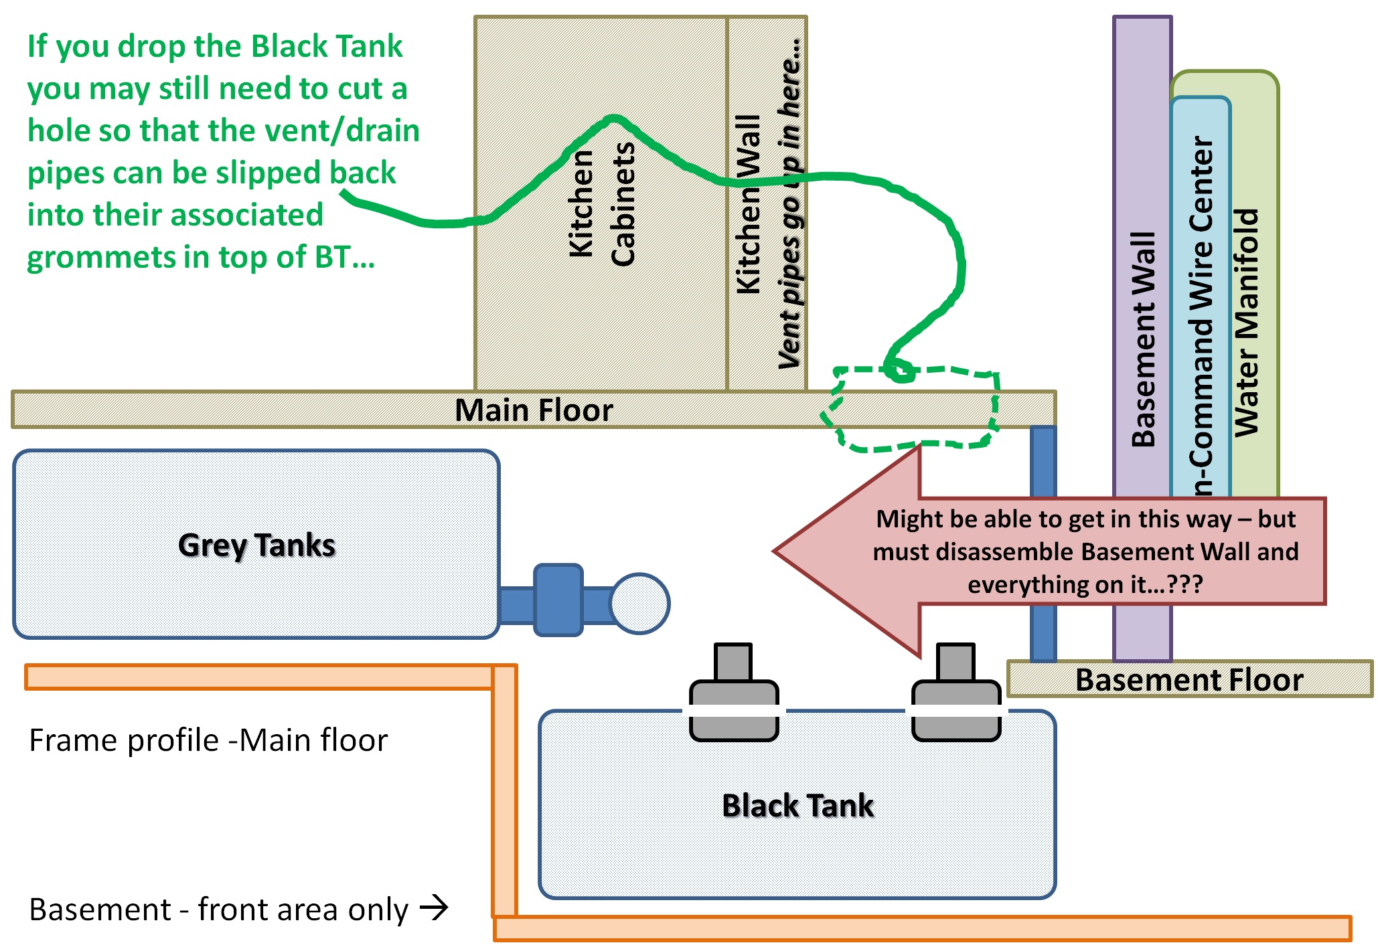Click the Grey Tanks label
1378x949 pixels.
[x=256, y=545]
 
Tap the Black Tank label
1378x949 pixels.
[x=797, y=805]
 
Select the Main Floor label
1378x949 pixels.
[x=534, y=410]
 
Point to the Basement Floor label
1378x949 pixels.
[x=1189, y=679]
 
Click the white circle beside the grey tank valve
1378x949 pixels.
[x=640, y=603]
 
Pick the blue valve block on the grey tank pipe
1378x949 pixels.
[x=558, y=600]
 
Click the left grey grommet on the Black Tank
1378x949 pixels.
[x=734, y=696]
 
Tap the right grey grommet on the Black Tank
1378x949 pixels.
[x=956, y=696]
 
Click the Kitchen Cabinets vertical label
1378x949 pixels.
[x=601, y=204]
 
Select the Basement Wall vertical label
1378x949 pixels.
[x=1143, y=339]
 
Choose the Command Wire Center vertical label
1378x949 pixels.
[x=1203, y=315]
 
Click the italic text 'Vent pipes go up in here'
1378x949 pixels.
[x=791, y=204]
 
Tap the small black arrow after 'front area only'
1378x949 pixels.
[x=434, y=908]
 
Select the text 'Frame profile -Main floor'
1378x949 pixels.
[x=208, y=740]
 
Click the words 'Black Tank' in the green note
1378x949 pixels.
[x=327, y=46]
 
